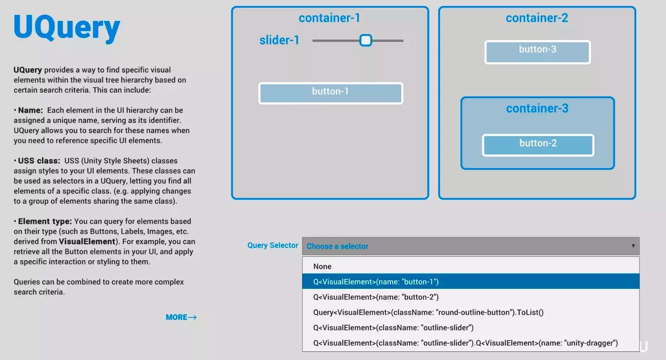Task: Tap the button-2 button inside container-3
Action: tap(538, 145)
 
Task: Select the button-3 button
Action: tap(538, 52)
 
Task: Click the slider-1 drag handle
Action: tap(366, 41)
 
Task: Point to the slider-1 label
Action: tap(279, 40)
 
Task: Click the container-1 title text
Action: tap(330, 18)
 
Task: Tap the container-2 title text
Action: tap(537, 18)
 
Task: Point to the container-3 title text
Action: tap(537, 108)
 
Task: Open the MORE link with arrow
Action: tap(181, 317)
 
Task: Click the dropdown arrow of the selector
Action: tap(633, 246)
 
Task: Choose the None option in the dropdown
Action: tap(322, 266)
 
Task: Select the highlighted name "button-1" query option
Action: tap(376, 282)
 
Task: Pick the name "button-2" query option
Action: tap(376, 297)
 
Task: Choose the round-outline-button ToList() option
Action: tap(429, 312)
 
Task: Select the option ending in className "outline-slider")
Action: tap(394, 328)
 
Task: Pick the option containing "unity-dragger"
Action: tap(466, 343)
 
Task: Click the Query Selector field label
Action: tap(272, 245)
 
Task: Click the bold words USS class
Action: tap(39, 161)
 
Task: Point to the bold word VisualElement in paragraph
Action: tap(87, 241)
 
